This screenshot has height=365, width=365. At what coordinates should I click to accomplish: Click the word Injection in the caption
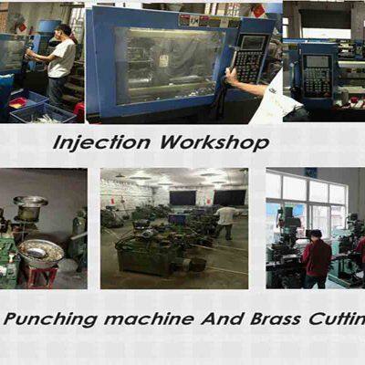[101, 143]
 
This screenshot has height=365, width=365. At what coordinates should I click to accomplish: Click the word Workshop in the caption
[214, 142]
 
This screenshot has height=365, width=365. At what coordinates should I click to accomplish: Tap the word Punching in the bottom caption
[50, 319]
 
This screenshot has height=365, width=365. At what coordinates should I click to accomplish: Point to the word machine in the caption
[149, 318]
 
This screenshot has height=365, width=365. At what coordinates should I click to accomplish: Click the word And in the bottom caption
[222, 318]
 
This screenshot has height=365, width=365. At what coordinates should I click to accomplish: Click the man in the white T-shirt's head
[63, 31]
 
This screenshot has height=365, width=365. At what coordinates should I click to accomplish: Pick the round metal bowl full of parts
[41, 253]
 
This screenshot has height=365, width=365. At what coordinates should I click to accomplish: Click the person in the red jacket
[317, 259]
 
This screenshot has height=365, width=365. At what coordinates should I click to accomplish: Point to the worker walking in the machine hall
[225, 222]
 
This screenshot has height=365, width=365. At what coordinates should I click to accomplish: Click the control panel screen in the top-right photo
[318, 61]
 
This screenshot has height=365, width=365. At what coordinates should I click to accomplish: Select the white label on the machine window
[164, 61]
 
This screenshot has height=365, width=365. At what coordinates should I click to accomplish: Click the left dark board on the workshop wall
[182, 198]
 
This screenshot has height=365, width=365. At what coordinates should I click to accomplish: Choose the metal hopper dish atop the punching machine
[30, 201]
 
